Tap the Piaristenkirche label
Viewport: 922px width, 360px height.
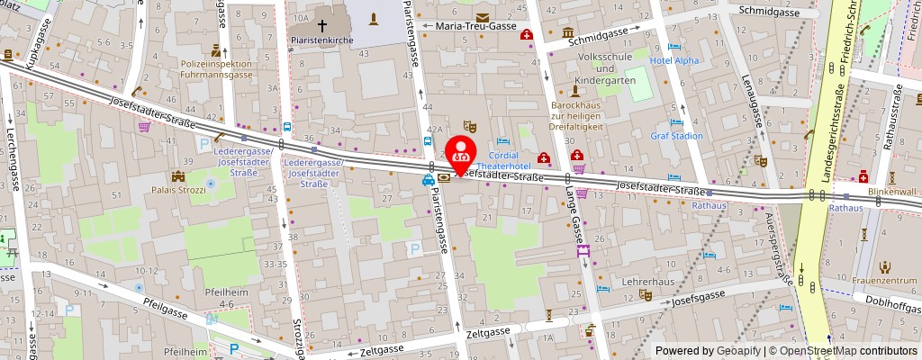pos(320,40)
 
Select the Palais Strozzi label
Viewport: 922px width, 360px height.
pos(178,190)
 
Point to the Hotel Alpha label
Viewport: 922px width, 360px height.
pos(674,60)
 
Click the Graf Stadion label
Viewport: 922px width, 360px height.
pos(676,136)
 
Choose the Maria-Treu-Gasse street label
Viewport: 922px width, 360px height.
pos(475,26)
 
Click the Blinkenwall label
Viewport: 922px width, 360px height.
pos(891,191)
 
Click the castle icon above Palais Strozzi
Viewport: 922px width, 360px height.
pos(178,175)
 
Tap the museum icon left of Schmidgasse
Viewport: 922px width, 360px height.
pos(568,33)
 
